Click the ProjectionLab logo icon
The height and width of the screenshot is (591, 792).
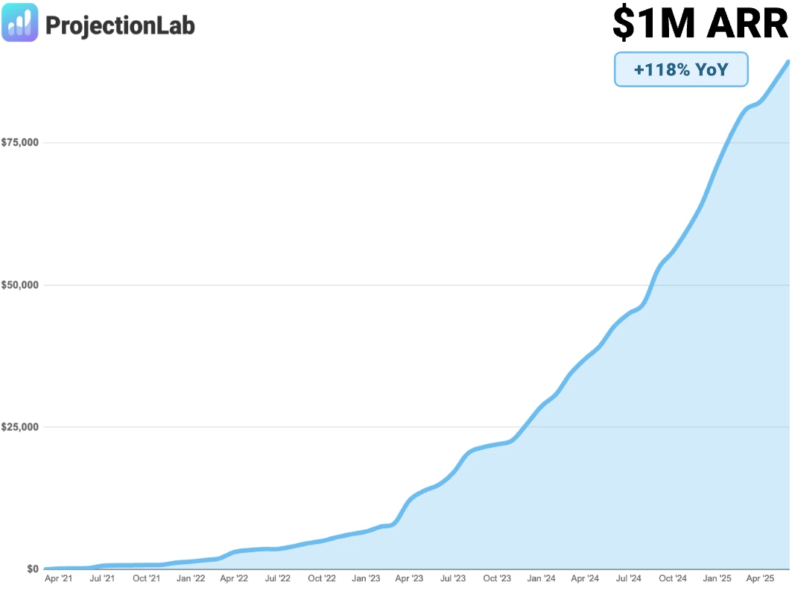coord(20,23)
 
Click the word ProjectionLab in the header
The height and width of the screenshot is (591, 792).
coord(120,25)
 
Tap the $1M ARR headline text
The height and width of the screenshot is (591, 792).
coord(700,24)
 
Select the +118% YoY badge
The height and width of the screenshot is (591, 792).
coord(680,69)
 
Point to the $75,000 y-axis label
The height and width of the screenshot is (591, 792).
coord(20,142)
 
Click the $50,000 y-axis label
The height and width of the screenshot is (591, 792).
coord(20,285)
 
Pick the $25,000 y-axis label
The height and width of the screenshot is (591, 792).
coord(20,427)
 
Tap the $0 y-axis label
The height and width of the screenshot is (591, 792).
coord(32,569)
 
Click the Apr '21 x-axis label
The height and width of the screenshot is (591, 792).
coord(59,578)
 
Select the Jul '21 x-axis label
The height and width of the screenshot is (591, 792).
coord(102,578)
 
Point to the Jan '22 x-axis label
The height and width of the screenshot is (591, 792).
coord(190,578)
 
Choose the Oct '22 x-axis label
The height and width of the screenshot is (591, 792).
coord(322,578)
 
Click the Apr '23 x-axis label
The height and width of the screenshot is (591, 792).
coord(409,578)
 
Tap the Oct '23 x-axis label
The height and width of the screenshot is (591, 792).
coord(497,578)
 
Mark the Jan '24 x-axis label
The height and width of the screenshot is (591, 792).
coord(541,578)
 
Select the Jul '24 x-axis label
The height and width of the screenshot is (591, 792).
coord(629,578)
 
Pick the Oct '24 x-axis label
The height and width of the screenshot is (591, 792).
coord(673,578)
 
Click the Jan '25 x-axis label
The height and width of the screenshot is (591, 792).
coord(717,578)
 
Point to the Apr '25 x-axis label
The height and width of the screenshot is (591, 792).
coord(761,578)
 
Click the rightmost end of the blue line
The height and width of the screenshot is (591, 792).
coord(788,61)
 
